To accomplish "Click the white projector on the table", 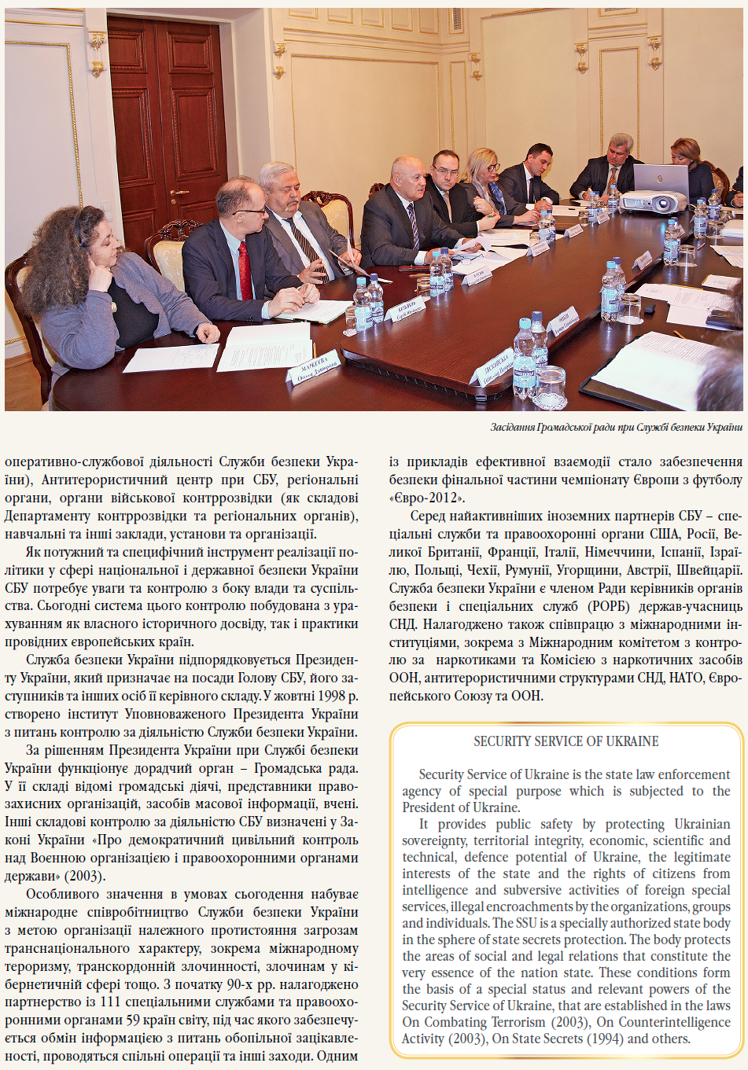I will point(654,201).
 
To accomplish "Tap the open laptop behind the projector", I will point(661,178).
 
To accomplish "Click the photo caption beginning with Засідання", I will point(616,428).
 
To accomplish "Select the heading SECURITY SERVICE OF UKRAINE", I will point(566,741).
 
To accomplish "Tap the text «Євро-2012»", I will point(426,498).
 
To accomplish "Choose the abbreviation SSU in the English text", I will point(527,923).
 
